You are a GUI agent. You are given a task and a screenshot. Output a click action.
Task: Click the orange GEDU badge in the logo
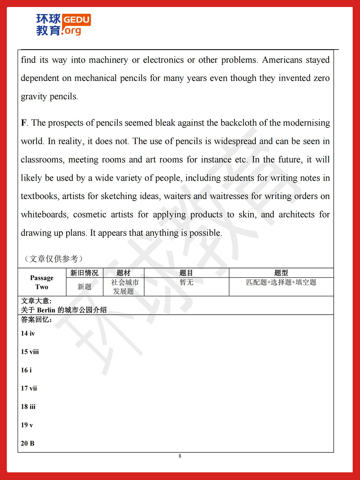tap(76, 19)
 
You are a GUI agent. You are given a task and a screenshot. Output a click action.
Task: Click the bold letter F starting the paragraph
tap(24, 123)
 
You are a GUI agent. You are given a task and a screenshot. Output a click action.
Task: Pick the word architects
tap(296, 215)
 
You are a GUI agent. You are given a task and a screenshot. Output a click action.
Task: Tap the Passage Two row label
tap(42, 282)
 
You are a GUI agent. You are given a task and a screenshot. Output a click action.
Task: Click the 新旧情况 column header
tap(84, 273)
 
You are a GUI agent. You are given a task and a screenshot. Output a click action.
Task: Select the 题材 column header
tap(123, 273)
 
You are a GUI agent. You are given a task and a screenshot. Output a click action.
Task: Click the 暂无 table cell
tap(186, 282)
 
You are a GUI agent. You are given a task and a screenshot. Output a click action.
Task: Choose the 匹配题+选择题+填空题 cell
tap(281, 282)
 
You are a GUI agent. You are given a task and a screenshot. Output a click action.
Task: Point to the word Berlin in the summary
tap(46, 310)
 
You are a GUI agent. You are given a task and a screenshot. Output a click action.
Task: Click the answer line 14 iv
tap(28, 333)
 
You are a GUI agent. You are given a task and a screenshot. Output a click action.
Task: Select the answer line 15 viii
tap(30, 352)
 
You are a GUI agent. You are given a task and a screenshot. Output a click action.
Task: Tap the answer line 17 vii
tap(29, 388)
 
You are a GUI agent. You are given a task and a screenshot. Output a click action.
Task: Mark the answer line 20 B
tap(27, 443)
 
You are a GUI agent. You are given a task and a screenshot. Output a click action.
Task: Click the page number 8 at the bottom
tap(180, 456)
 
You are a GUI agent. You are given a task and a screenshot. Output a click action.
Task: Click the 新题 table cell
tap(84, 287)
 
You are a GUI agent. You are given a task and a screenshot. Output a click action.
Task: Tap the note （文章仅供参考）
tap(53, 259)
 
